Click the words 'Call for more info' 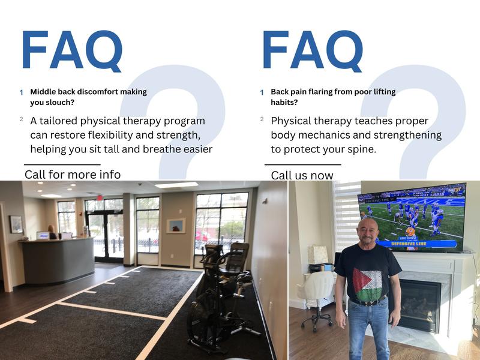[73, 175]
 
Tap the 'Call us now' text [302, 175]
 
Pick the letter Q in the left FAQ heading [103, 52]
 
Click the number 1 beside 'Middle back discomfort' [22, 92]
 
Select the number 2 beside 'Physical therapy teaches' [262, 119]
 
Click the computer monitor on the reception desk [42, 235]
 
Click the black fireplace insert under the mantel [420, 304]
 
